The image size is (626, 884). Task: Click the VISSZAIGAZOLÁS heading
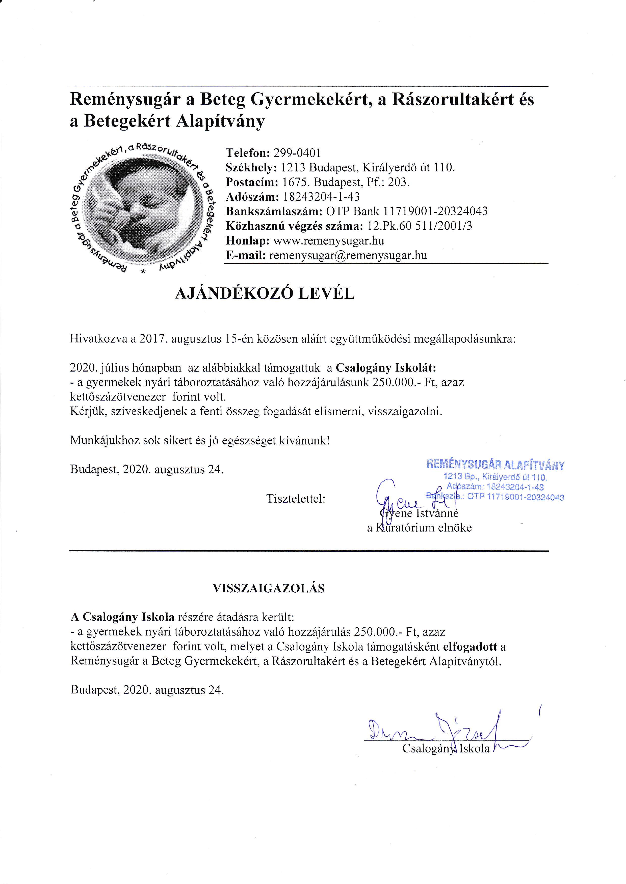click(x=269, y=588)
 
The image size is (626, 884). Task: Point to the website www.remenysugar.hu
click(x=328, y=241)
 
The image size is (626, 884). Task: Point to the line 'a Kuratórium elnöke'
click(x=419, y=528)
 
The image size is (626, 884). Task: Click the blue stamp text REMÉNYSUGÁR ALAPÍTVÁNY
click(x=495, y=465)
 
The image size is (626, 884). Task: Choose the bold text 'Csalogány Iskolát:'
click(x=386, y=368)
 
